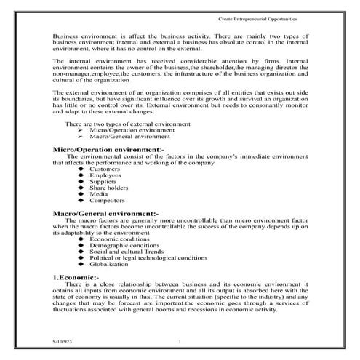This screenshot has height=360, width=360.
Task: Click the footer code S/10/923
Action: tap(63, 340)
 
